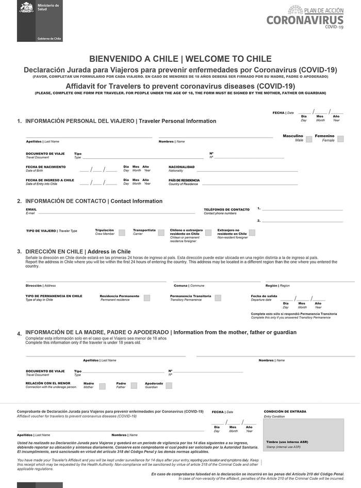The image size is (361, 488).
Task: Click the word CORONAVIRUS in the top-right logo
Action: [x=305, y=20]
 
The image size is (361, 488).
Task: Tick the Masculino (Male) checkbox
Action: [x=308, y=139]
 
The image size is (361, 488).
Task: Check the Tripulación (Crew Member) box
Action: [x=122, y=233]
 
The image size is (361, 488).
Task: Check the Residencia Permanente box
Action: [x=147, y=298]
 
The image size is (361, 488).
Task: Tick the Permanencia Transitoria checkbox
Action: [x=218, y=298]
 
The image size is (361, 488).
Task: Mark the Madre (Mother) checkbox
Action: [x=102, y=385]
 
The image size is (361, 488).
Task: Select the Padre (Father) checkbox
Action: [x=134, y=385]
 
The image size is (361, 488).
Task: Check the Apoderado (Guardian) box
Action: [x=168, y=385]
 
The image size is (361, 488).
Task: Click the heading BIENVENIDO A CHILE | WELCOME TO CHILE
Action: [x=180, y=59]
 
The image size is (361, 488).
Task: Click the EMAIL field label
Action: [x=31, y=209]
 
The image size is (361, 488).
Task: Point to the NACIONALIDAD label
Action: [x=182, y=167]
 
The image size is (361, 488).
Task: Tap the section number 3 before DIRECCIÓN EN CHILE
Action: [x=19, y=252]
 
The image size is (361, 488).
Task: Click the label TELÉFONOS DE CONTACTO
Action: [x=226, y=209]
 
